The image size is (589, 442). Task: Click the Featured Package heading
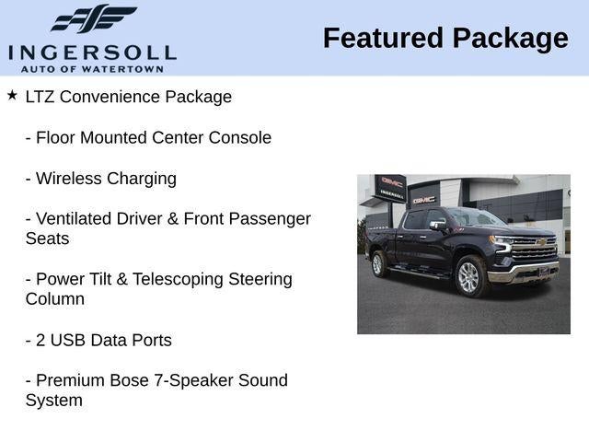pyautogui.click(x=445, y=39)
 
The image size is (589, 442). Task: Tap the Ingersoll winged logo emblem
pyautogui.click(x=93, y=18)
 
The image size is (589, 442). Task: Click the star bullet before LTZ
pyautogui.click(x=12, y=95)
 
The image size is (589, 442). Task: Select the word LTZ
pyautogui.click(x=41, y=97)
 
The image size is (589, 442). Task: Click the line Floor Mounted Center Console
pyautogui.click(x=148, y=137)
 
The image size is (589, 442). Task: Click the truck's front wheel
pyautogui.click(x=468, y=276)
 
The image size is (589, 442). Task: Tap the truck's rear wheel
pyautogui.click(x=378, y=264)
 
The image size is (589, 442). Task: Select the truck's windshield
pyautogui.click(x=470, y=218)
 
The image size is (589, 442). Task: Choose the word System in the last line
pyautogui.click(x=54, y=401)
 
